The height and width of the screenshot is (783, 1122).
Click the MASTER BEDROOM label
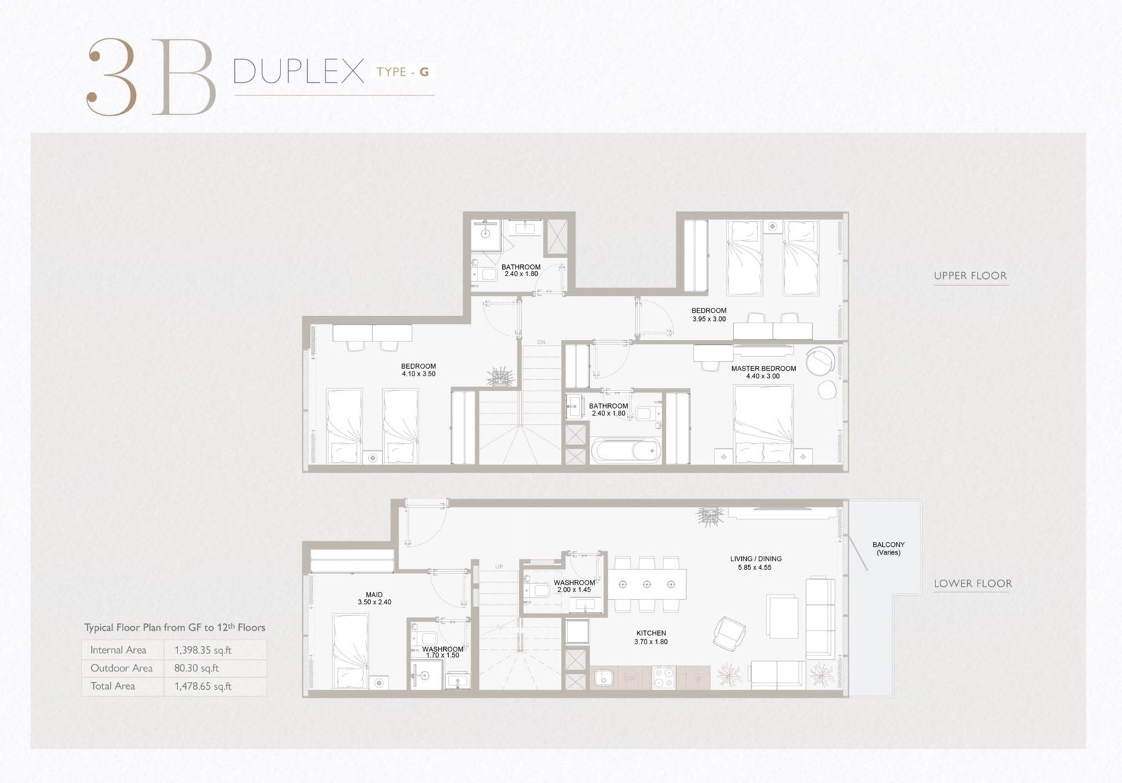pos(764,369)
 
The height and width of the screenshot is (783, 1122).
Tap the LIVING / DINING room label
pos(755,559)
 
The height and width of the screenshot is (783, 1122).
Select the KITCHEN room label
pos(651,633)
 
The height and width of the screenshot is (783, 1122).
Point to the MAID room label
pos(374,594)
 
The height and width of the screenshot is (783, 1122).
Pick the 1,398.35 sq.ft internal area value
pos(203,651)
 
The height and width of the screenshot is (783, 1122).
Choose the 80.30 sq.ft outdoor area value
pos(196,668)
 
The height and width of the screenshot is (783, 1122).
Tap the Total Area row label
pos(113,686)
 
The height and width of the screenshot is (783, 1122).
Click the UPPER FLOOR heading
pos(971,275)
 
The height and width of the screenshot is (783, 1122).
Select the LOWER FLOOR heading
pos(973,583)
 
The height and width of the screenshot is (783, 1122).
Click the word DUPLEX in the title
pos(299,72)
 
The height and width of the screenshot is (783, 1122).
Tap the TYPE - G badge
pos(403,72)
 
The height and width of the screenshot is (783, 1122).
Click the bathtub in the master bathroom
pos(626,451)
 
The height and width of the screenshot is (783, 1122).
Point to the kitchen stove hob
pos(663,677)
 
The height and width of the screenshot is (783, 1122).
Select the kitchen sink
pos(604,677)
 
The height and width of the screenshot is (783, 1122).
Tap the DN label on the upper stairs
pos(541,343)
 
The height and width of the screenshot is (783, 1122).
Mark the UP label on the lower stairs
pos(499,566)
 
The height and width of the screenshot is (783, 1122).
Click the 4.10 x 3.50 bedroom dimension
pos(419,374)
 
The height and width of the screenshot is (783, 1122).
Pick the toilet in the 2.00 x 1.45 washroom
pos(539,590)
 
